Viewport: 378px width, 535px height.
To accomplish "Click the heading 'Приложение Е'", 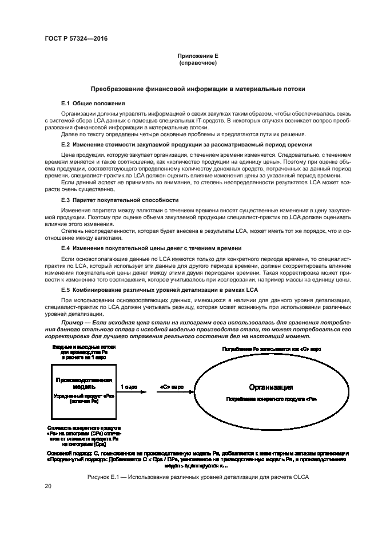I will [198, 56].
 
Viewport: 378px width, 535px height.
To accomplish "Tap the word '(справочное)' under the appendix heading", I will [198, 63].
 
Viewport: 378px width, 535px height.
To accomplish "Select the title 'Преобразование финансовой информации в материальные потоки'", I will [198, 89].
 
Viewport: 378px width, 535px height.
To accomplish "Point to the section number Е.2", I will [65, 145].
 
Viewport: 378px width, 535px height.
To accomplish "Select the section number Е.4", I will [65, 248].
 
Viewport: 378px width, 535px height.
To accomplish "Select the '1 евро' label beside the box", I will [129, 387].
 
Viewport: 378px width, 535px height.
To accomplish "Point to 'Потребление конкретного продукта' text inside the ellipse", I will [271, 398].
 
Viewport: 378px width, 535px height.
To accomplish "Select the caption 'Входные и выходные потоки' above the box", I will [83, 347].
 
